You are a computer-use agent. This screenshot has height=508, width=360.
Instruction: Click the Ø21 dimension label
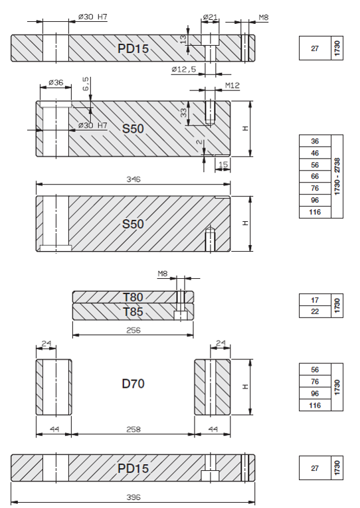[210, 17]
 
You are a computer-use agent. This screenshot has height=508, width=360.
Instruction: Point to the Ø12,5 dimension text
[184, 69]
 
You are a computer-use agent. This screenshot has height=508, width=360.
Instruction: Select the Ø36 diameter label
[56, 82]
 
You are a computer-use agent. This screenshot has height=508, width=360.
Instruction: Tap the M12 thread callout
[232, 85]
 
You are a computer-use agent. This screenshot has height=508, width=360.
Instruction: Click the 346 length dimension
[134, 179]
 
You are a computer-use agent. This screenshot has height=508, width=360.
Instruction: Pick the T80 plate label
[133, 297]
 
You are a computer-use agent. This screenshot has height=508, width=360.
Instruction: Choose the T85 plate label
[133, 311]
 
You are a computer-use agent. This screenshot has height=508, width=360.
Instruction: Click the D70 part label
[134, 384]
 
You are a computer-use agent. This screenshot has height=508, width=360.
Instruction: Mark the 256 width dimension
[134, 330]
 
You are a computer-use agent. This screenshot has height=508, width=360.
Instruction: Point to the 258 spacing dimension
[134, 429]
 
